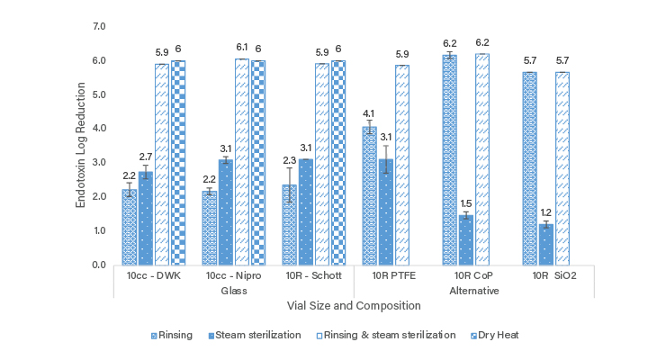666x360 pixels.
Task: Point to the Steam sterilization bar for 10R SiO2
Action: [x=545, y=244]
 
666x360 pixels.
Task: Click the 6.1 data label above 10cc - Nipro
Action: [x=241, y=48]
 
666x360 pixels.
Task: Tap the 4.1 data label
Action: [x=369, y=113]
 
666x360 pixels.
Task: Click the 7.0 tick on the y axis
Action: [x=98, y=26]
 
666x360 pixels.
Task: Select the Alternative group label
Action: [x=473, y=291]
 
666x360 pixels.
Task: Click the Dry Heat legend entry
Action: [x=498, y=335]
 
